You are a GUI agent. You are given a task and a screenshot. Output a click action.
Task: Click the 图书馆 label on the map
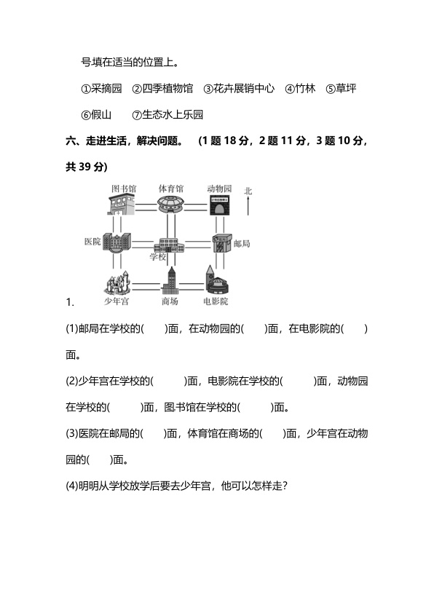point(124,189)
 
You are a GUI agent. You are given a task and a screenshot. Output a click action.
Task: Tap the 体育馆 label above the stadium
point(171,189)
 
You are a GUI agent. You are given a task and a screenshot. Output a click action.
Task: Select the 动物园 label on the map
point(219,189)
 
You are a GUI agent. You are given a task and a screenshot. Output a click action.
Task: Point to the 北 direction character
point(248,191)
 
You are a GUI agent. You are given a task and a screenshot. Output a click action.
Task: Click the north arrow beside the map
point(248,206)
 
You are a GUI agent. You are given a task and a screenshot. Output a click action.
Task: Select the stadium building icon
point(170,205)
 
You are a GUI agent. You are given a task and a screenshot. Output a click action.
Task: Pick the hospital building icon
point(117,242)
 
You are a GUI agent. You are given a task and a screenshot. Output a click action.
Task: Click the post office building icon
point(222,243)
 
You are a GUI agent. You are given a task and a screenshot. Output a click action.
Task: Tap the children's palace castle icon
point(117,282)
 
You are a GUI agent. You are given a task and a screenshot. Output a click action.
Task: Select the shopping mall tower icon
point(170,281)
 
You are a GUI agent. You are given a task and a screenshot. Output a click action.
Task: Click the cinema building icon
point(217,280)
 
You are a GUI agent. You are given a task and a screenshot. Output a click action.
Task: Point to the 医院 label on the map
point(92,241)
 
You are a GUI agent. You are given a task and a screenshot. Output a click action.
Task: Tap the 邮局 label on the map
point(242,244)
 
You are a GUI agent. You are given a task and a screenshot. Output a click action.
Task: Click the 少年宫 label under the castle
point(116,301)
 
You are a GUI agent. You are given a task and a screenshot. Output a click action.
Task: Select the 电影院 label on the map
point(216,301)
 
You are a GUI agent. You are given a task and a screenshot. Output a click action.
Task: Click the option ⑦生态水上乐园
point(167,114)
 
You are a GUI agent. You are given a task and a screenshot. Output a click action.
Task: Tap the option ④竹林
point(300,88)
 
